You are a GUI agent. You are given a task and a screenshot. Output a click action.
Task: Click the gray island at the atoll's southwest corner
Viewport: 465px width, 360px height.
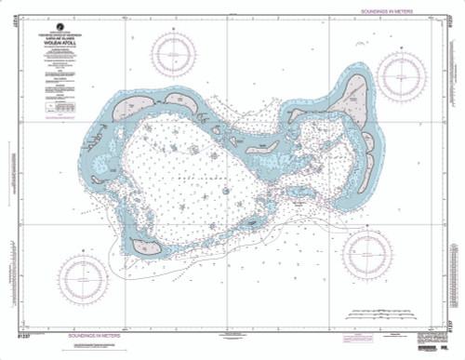[x=141, y=247]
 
